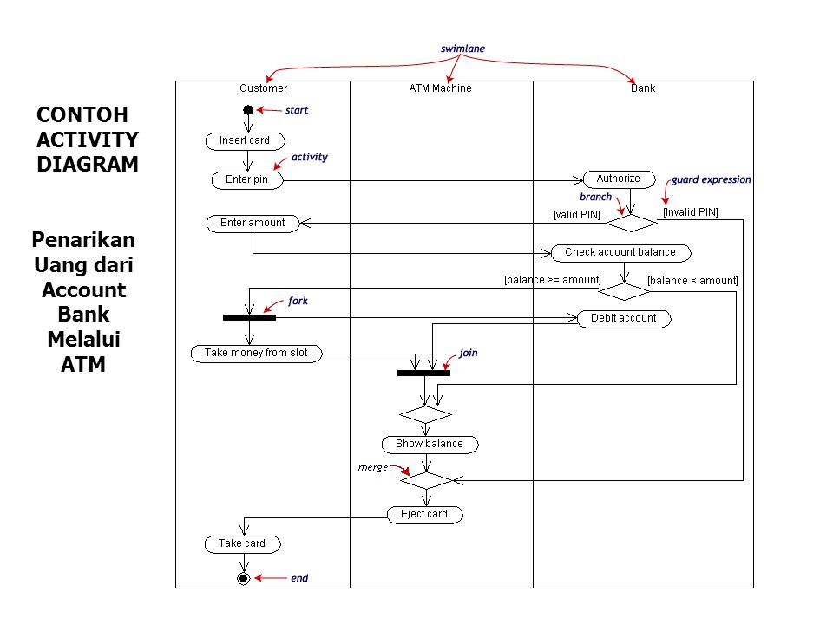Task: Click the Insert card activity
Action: coord(246,141)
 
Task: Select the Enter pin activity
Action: coord(247,180)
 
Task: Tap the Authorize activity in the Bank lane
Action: coord(620,179)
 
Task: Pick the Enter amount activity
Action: coord(253,224)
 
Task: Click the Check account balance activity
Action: coord(621,253)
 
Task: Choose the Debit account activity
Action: coord(624,319)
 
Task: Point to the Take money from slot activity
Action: coord(257,354)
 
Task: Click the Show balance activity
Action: coord(430,445)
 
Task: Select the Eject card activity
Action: coord(425,515)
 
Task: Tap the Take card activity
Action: coord(243,544)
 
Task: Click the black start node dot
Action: coord(248,110)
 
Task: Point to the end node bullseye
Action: coord(243,578)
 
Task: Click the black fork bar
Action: coord(249,318)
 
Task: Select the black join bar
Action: coord(424,373)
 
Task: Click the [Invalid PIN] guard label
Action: coord(691,212)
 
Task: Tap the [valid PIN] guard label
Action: coord(577,215)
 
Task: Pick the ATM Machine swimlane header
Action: coord(441,88)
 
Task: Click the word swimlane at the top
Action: coord(462,49)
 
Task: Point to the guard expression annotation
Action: coord(712,180)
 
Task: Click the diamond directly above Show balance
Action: coord(425,414)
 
